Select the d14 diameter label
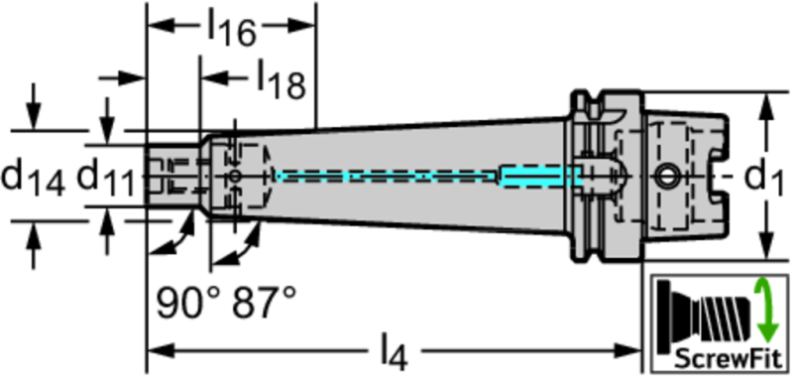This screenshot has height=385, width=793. click(34, 178)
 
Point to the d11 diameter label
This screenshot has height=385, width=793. click(106, 178)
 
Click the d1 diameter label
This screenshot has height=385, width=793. click(763, 178)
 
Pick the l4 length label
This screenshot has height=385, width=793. click(394, 351)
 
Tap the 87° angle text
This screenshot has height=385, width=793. click(264, 303)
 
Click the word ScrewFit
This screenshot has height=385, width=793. click(729, 358)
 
